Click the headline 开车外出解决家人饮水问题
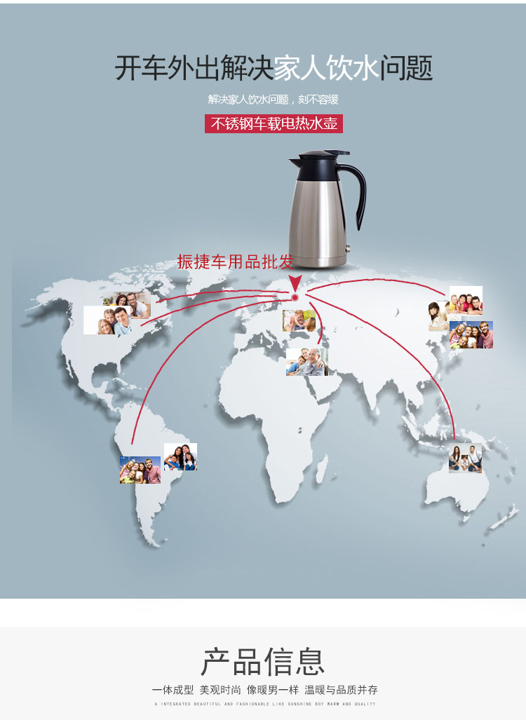tap(274, 69)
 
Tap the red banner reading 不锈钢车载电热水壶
tap(274, 124)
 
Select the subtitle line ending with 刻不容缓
tap(274, 100)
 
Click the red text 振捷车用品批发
tap(235, 262)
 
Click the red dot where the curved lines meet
tap(295, 298)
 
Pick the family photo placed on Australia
tap(465, 458)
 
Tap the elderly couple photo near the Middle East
tap(306, 362)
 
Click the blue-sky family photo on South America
tap(140, 470)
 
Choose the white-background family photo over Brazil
tap(180, 456)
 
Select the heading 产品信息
tap(263, 662)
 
